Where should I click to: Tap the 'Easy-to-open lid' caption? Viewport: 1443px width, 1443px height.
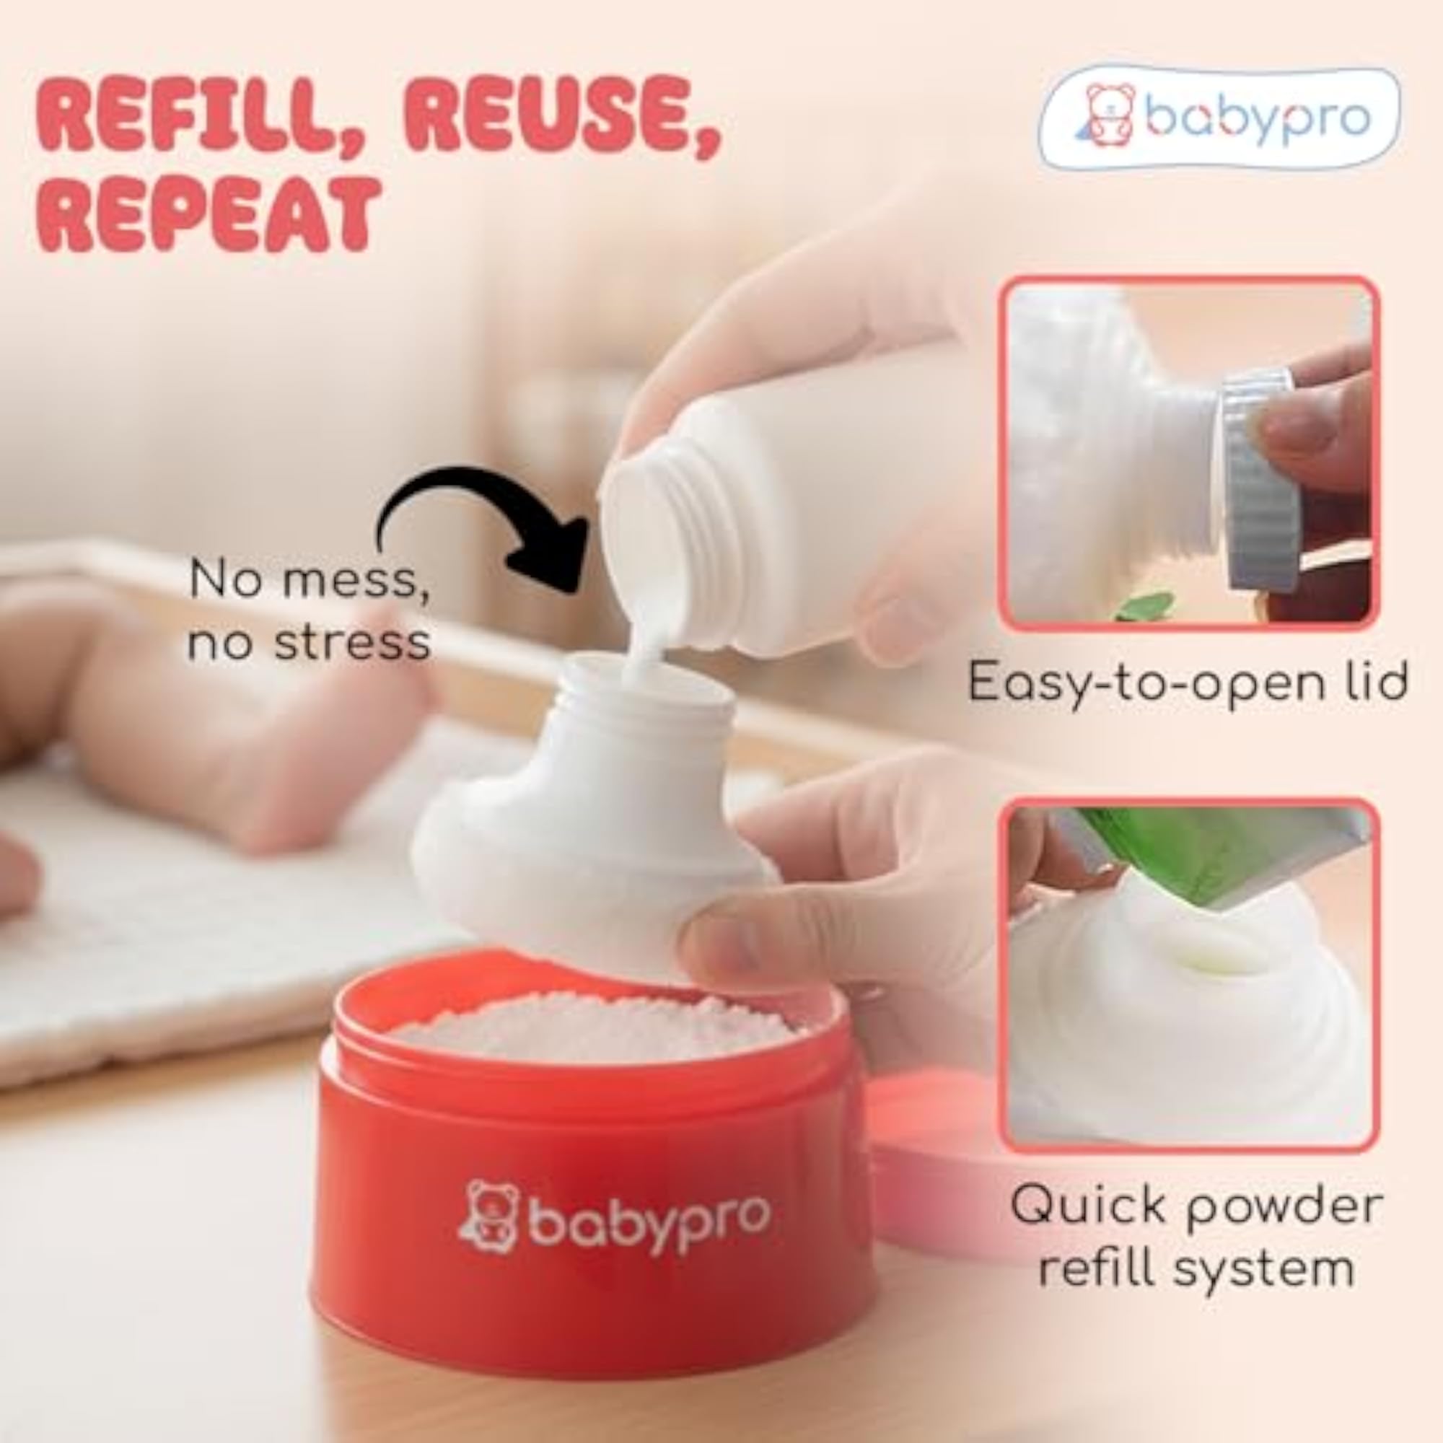click(1188, 681)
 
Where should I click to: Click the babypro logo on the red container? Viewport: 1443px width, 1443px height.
click(613, 1217)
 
